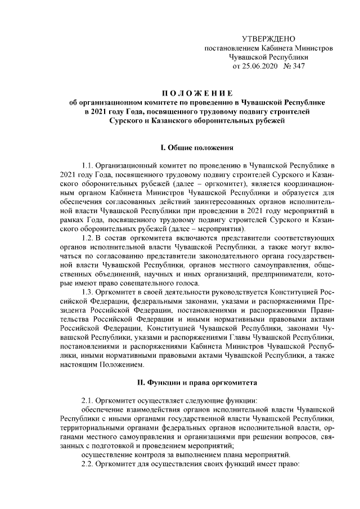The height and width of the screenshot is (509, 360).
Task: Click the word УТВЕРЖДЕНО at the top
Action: pyautogui.click(x=268, y=38)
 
